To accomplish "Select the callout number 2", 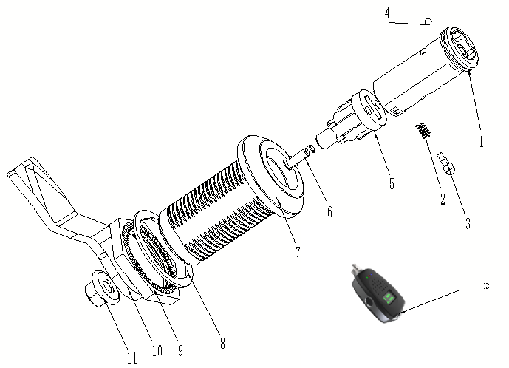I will point(442,198).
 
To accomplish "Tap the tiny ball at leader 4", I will point(428,22).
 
